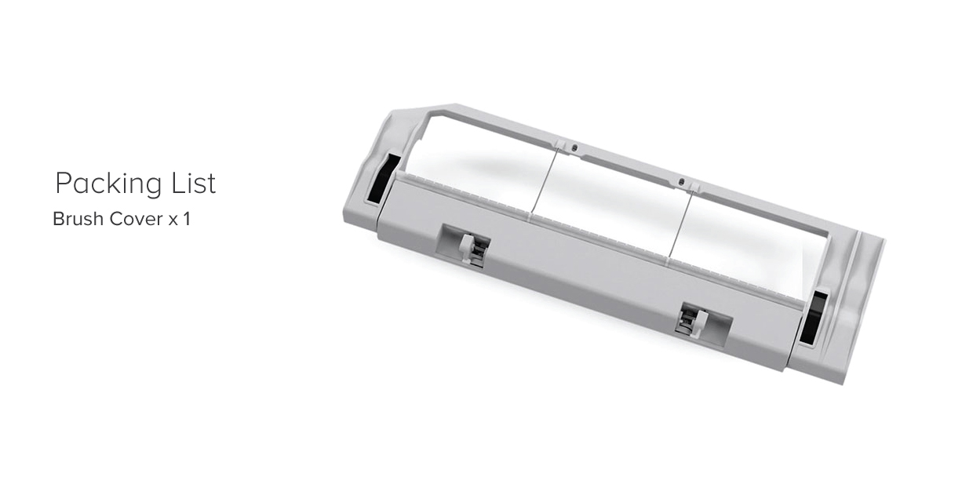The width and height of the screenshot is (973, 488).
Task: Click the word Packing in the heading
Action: (x=108, y=184)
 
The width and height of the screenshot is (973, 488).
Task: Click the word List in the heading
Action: (x=193, y=183)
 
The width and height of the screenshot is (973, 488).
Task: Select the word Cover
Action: (x=136, y=219)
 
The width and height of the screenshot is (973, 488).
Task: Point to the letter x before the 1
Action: (x=173, y=220)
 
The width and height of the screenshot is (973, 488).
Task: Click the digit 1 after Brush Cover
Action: (x=187, y=219)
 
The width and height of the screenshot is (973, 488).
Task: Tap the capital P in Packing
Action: (x=64, y=184)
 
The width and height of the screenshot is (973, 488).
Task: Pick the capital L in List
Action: (x=179, y=184)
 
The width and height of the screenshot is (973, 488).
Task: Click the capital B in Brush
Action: (x=59, y=219)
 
